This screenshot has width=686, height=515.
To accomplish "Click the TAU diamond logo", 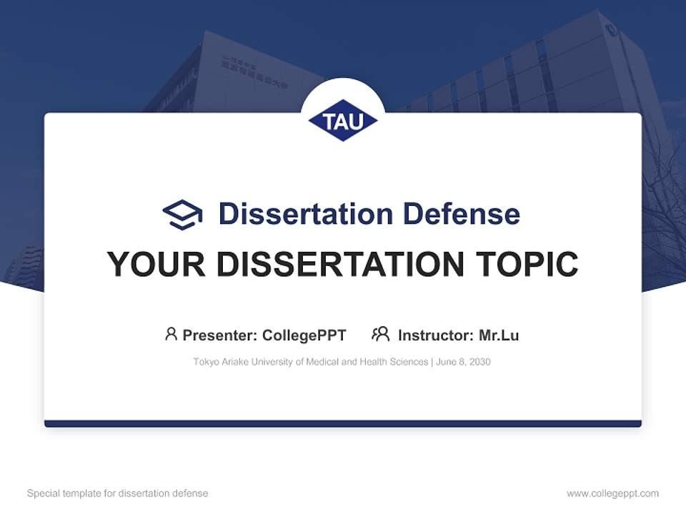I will (343, 120).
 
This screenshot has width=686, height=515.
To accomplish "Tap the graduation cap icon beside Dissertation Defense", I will (182, 214).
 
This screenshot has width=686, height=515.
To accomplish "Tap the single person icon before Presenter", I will (171, 334).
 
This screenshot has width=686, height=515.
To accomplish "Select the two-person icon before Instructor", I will (380, 334).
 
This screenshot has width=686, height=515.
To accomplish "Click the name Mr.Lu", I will (499, 335).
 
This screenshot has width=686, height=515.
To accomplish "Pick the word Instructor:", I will (435, 335).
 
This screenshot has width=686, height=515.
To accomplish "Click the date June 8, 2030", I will (463, 363).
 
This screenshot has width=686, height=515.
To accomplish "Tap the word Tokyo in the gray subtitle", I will (206, 363).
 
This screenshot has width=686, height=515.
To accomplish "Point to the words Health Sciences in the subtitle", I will (394, 363).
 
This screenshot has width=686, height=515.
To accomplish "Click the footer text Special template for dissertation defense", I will (117, 494).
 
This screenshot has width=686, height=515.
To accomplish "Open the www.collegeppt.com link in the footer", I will (612, 494).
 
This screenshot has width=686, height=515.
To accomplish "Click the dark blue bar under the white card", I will (343, 424).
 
